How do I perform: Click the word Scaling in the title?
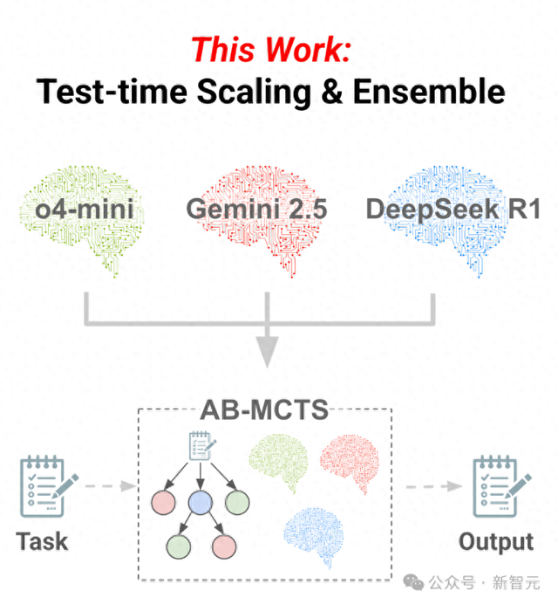[x=254, y=93]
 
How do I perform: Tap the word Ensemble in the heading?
[x=429, y=91]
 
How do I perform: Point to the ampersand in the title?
[x=332, y=92]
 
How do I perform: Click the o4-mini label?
[x=85, y=209]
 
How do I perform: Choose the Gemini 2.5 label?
[x=256, y=209]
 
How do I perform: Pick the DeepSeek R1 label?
[x=453, y=209]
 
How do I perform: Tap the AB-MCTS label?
[x=264, y=409]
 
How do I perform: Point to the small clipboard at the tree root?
[x=202, y=446]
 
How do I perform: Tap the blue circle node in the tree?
[x=200, y=503]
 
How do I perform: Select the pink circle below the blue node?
[x=224, y=547]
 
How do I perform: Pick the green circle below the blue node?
[x=179, y=547]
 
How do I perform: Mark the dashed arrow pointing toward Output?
[x=434, y=486]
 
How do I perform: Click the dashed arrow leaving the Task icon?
[x=111, y=486]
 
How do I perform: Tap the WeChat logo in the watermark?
[x=413, y=581]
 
